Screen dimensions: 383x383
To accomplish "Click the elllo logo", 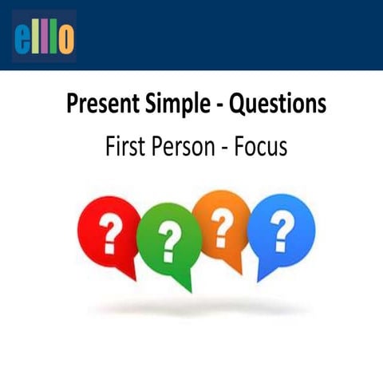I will click(x=45, y=36).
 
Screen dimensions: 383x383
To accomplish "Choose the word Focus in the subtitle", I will click(x=259, y=148).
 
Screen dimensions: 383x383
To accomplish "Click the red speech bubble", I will click(x=109, y=231).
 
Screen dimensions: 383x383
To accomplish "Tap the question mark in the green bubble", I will click(x=168, y=239).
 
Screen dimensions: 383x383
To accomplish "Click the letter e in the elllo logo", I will click(x=23, y=38).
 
